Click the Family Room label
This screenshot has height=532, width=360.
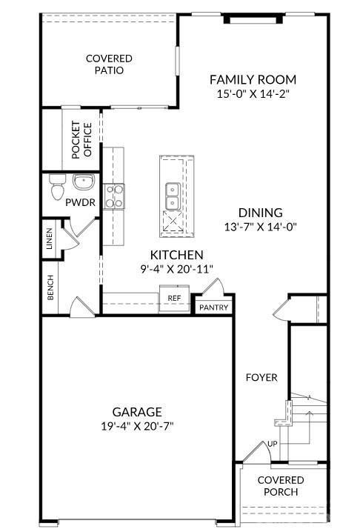253,79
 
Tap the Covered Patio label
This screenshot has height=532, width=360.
108,64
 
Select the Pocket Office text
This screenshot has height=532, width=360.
81,140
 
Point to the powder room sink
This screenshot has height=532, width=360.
82,182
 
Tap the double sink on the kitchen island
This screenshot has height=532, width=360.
171,194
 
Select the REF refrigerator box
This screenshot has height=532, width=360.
174,298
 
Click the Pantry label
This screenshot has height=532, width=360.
213,307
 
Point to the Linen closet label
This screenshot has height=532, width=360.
49,242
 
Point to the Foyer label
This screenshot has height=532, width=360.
261,378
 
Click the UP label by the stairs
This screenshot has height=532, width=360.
273,444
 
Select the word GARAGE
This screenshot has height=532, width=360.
137,411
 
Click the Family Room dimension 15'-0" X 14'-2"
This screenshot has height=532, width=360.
253,94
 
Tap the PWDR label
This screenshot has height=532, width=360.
78,202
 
